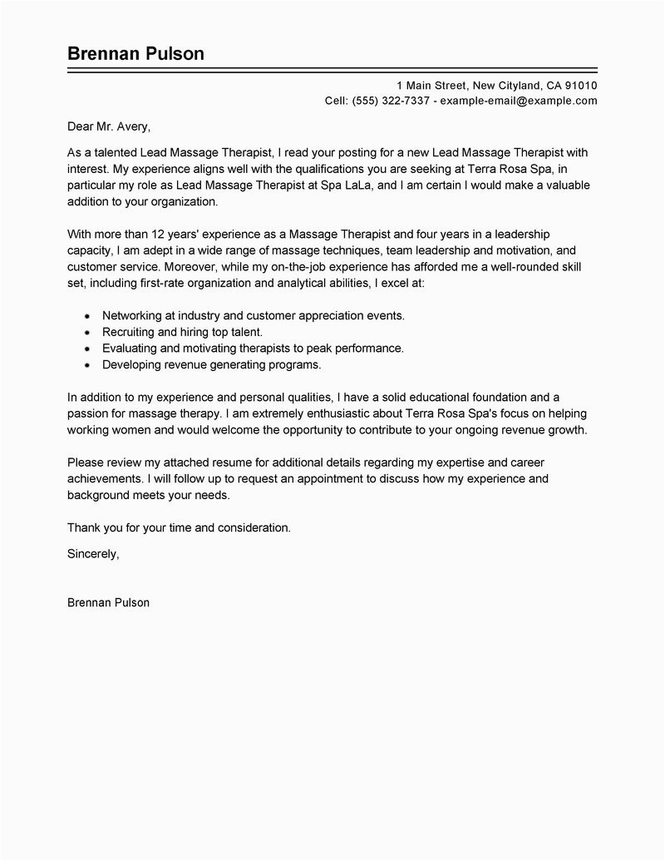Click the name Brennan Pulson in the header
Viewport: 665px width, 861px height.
click(135, 54)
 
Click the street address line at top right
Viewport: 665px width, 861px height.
click(496, 85)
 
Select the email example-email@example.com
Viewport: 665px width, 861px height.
click(519, 101)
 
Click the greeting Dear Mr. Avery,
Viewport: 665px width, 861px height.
click(110, 128)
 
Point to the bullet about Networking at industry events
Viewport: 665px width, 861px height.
click(254, 316)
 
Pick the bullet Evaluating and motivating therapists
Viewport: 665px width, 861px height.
click(252, 348)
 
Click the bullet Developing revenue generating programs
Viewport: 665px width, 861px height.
click(211, 364)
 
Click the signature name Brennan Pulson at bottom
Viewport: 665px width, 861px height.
click(108, 603)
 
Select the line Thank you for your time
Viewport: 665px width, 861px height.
click(179, 527)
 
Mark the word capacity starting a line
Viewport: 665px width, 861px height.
click(90, 250)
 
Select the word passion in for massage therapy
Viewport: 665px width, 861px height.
click(88, 414)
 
